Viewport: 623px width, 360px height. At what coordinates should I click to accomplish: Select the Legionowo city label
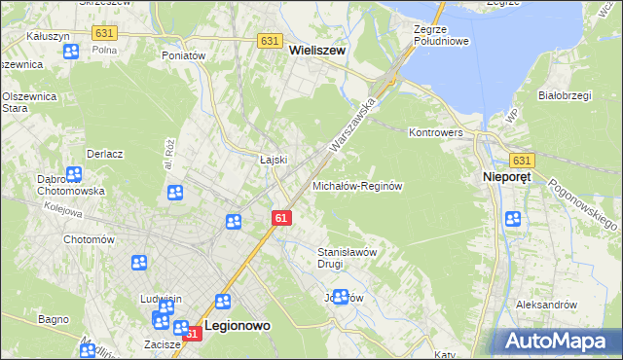coord(238,328)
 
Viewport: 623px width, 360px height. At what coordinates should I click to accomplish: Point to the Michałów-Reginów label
coord(356,185)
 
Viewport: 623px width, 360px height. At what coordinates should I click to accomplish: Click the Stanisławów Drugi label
coord(347,257)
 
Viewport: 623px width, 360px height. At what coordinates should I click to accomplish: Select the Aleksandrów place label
coord(547,305)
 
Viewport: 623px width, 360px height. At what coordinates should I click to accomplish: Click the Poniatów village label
coord(183,56)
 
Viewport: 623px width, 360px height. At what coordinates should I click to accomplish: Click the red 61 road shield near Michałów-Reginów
coord(280,219)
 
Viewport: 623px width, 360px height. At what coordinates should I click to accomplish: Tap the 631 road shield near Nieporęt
coord(523,161)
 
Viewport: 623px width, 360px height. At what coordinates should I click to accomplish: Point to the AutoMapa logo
coord(559,340)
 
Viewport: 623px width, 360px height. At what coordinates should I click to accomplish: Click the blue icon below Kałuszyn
coord(71,52)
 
